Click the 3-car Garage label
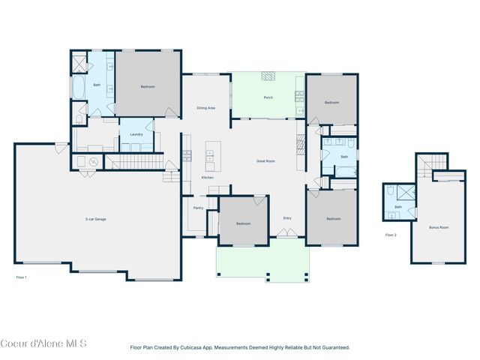95,219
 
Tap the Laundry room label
136,134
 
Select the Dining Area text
205,109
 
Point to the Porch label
268,98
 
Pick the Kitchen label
208,177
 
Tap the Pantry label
199,208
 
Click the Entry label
287,218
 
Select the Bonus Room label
439,226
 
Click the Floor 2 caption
391,235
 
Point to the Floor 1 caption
22,277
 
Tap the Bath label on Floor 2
398,207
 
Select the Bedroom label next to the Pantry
244,223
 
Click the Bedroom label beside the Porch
331,102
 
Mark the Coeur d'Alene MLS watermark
43,344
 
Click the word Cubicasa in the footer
199,348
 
